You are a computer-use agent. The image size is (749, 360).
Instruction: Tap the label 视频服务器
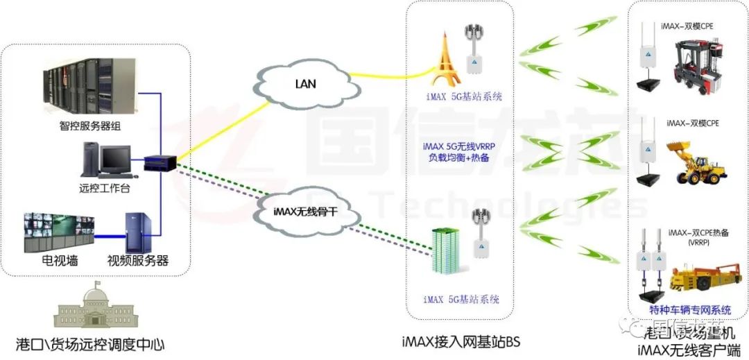click(138, 262)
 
